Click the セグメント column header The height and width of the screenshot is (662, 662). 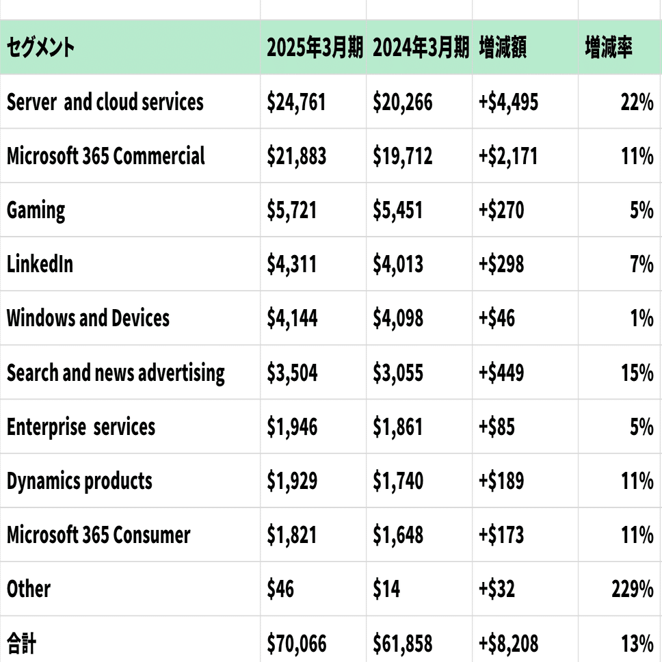[41, 48]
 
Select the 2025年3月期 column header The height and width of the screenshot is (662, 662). [315, 48]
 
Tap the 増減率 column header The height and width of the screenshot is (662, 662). [609, 48]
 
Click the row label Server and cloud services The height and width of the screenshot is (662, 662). [105, 102]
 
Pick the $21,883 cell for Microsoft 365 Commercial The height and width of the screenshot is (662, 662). [297, 156]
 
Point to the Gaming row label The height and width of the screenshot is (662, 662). [36, 210]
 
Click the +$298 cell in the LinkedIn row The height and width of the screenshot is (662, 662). [501, 264]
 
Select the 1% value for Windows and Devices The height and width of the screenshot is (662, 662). [641, 318]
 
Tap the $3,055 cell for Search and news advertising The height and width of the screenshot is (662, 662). [398, 373]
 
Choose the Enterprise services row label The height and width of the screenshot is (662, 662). [81, 427]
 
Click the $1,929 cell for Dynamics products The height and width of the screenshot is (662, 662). [292, 481]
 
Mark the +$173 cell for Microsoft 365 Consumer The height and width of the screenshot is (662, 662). [501, 535]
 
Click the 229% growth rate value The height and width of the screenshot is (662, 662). [633, 589]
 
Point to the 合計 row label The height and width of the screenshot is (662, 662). [22, 643]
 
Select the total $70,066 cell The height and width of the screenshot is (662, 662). [297, 644]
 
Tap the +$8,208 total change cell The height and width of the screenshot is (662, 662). [509, 644]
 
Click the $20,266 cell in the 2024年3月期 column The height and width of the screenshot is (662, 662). [403, 102]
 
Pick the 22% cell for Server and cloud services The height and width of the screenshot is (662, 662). [637, 102]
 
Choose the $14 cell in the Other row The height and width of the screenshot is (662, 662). [386, 589]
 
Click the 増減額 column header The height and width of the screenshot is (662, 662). [503, 48]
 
